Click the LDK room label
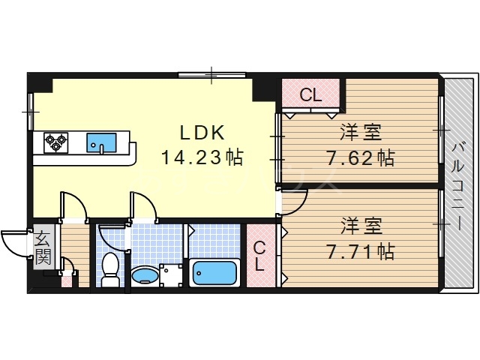point(202,133)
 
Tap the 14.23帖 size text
point(202,158)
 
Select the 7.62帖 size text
point(360,158)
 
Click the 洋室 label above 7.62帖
point(360,133)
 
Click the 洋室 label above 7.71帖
point(360,224)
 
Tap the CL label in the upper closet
point(310,95)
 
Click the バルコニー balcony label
point(457,184)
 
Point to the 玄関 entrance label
point(43,249)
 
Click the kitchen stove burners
point(55,141)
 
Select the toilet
point(110,270)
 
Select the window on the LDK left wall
point(31,112)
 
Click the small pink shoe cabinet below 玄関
point(66,280)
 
